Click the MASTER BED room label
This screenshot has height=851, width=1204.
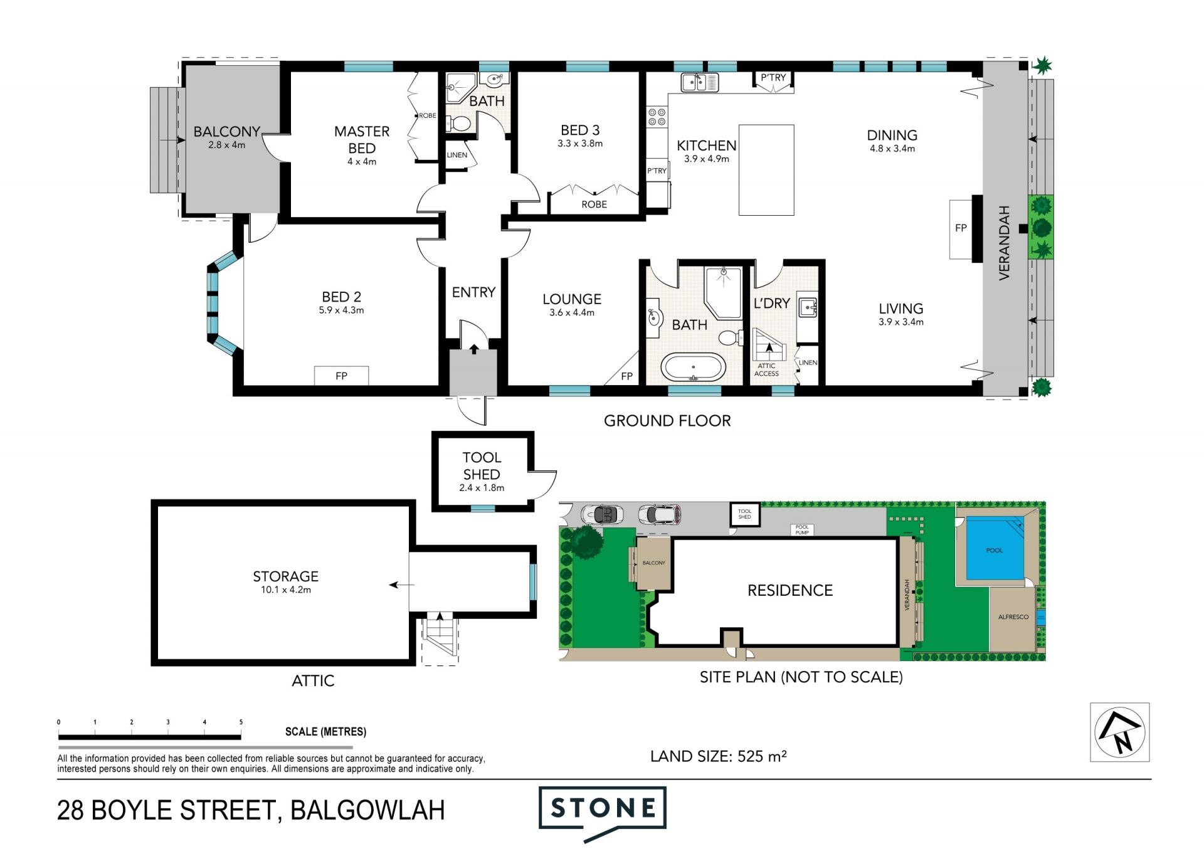(x=362, y=140)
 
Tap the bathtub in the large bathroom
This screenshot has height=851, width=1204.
(x=694, y=367)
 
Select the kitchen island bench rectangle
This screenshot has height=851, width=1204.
(x=766, y=170)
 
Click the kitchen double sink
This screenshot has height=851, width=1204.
(x=699, y=82)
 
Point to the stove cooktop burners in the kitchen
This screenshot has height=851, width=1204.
(x=657, y=117)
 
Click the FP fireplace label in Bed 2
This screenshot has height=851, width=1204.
(x=341, y=376)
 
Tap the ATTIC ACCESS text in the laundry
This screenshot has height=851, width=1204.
(x=766, y=370)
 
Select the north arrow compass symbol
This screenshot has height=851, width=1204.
(x=1120, y=732)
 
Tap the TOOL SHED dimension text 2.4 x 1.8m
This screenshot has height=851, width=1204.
(x=482, y=488)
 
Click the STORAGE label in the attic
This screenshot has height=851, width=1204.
(x=286, y=576)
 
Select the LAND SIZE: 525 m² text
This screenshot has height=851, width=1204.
(x=719, y=756)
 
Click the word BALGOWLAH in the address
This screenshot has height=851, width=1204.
(x=368, y=810)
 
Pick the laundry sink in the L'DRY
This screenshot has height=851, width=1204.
(x=807, y=307)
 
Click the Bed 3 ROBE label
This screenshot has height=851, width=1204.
(x=594, y=204)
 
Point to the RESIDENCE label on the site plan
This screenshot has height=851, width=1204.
(x=790, y=590)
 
